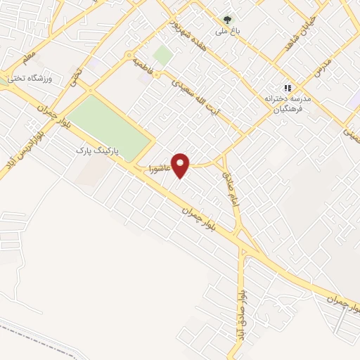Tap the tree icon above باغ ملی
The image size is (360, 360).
click(226, 20)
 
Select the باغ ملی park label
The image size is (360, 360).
click(226, 32)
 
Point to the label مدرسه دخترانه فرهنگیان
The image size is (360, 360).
click(285, 103)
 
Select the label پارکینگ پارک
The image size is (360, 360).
click(99, 151)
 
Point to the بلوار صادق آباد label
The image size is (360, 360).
click(241, 309)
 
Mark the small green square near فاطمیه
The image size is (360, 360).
click(164, 55)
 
